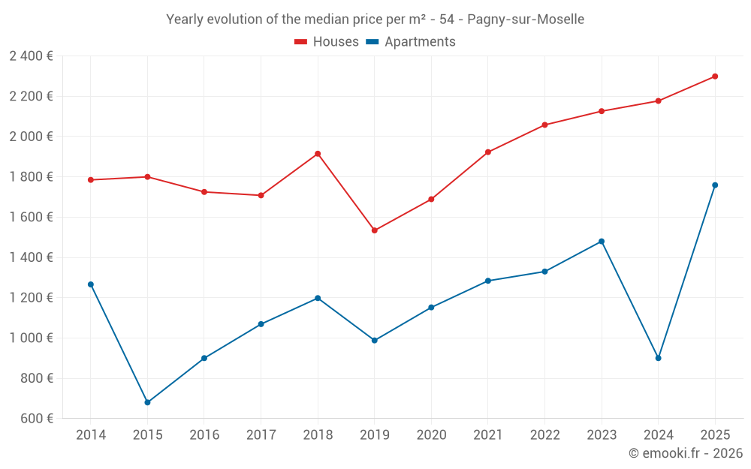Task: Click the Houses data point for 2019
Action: point(374,230)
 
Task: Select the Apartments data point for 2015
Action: point(147,402)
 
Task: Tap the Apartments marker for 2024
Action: point(658,358)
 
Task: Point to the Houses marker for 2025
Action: point(715,77)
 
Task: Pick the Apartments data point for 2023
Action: point(602,242)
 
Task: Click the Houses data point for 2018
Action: point(318,154)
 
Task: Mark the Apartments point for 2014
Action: point(90,284)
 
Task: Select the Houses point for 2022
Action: point(544,125)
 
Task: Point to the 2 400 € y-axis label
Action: point(31,56)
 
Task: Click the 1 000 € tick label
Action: point(31,338)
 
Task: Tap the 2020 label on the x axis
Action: point(431,435)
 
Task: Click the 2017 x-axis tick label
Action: point(261,435)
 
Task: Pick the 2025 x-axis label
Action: point(715,435)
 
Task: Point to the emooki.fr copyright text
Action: point(685,453)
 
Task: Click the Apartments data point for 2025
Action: point(715,185)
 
